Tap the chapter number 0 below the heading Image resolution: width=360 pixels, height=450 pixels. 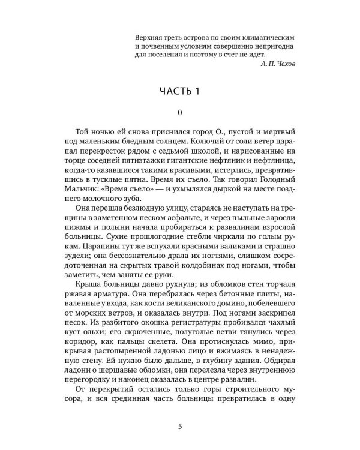click(x=180, y=112)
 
